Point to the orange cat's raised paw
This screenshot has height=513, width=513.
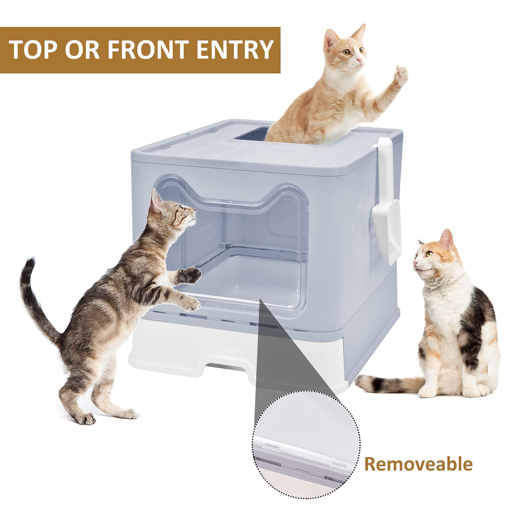click(x=401, y=76)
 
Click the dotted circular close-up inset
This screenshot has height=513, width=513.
click(x=306, y=447)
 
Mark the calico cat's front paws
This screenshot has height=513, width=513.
click(x=453, y=391)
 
